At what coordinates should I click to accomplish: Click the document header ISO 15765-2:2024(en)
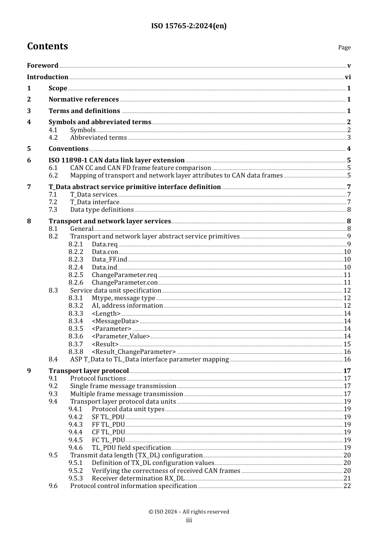pyautogui.click(x=189, y=26)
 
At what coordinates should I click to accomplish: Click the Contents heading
pyautogui.click(x=47, y=47)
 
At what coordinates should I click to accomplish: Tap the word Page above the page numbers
pyautogui.click(x=344, y=47)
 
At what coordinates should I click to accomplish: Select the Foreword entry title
pyautogui.click(x=43, y=66)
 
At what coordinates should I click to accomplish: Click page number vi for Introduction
pyautogui.click(x=348, y=77)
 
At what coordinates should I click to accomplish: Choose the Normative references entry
pyautogui.click(x=84, y=100)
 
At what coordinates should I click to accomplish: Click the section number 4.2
pyautogui.click(x=53, y=138)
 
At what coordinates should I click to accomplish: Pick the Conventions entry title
pyautogui.click(x=68, y=149)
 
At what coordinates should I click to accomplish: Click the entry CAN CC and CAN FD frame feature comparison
pyautogui.click(x=140, y=168)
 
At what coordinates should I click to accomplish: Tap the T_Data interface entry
pyautogui.click(x=95, y=202)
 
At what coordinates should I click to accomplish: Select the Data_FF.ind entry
pyautogui.click(x=109, y=260)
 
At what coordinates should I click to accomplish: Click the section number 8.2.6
pyautogui.click(x=76, y=283)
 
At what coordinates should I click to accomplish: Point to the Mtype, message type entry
pyautogui.click(x=123, y=298)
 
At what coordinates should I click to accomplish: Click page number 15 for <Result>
pyautogui.click(x=347, y=344)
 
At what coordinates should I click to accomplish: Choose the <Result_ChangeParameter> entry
pyautogui.click(x=134, y=352)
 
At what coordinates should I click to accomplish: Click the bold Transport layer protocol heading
pyautogui.click(x=89, y=371)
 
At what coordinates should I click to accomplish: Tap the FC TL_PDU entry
pyautogui.click(x=108, y=440)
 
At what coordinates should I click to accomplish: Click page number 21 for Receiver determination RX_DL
pyautogui.click(x=347, y=478)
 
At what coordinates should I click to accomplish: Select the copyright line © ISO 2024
pyautogui.click(x=189, y=512)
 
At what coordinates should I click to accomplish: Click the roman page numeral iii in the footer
pyautogui.click(x=189, y=520)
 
